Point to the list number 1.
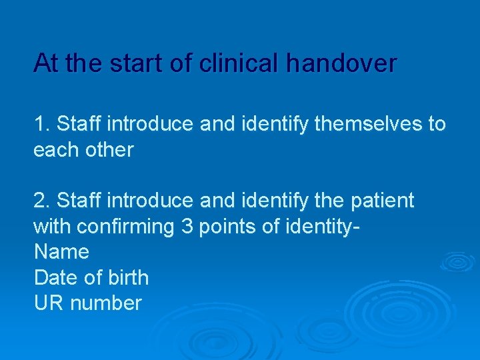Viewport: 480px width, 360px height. tap(41, 124)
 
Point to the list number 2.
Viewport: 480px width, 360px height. tap(41, 200)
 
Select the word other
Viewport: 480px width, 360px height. tap(109, 150)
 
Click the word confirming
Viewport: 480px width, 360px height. tap(125, 226)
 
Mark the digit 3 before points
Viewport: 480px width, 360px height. tap(187, 226)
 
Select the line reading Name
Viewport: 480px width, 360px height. tap(61, 252)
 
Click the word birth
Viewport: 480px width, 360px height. tap(127, 277)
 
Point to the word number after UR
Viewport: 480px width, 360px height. tap(106, 303)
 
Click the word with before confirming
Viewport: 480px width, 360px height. tap(52, 226)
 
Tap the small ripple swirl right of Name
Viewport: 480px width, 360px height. tap(457, 262)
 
